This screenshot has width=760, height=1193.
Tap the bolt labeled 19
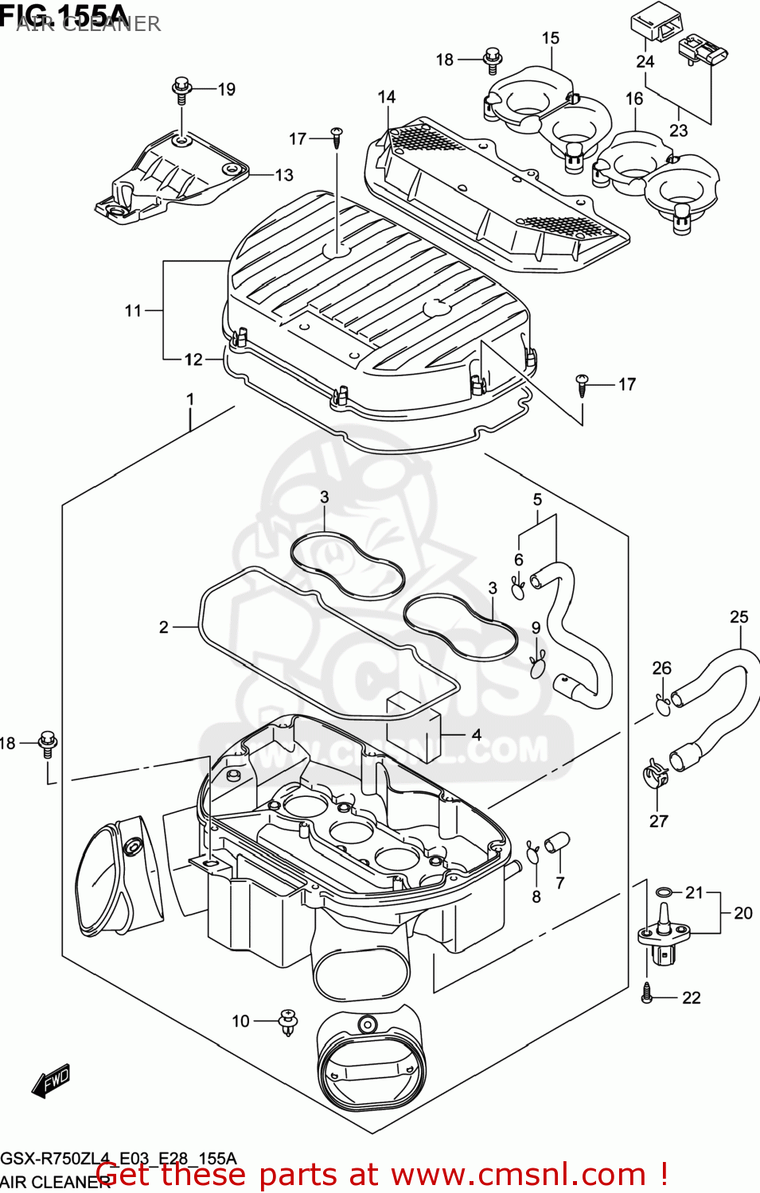click(182, 89)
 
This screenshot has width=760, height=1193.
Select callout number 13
click(284, 175)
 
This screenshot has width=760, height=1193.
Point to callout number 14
click(387, 97)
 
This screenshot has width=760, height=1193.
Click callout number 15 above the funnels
click(551, 38)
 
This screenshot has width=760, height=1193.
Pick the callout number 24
click(645, 62)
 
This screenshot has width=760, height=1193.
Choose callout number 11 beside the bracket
click(133, 311)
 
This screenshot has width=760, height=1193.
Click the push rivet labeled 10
click(287, 1021)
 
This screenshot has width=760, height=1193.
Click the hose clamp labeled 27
click(655, 773)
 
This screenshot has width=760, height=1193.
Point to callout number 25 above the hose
click(739, 617)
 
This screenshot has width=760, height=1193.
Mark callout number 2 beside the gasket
click(164, 628)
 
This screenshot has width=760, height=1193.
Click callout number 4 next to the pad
click(476, 734)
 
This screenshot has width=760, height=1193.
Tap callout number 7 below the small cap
click(560, 883)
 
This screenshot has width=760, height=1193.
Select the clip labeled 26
click(662, 703)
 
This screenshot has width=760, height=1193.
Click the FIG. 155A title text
click(64, 14)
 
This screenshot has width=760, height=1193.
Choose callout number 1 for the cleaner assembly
click(190, 399)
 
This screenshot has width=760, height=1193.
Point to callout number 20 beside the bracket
click(742, 913)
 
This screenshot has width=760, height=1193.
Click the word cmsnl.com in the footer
click(518, 1175)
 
